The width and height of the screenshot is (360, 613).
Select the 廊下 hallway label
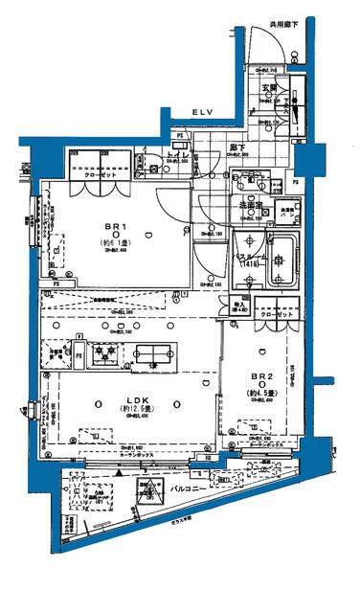236,148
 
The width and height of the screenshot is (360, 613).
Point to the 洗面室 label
251,204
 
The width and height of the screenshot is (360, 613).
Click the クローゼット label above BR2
278,314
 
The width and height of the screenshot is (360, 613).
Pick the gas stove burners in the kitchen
103,355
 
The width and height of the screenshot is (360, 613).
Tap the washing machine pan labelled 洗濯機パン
287,212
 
